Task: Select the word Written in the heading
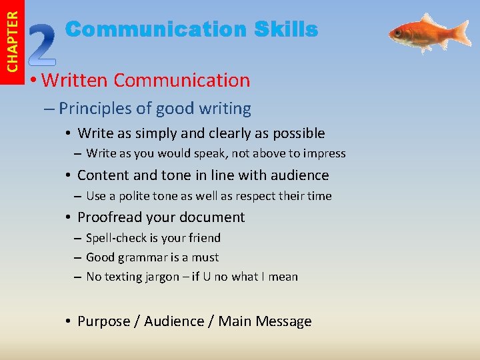click(75, 81)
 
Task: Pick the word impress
click(325, 153)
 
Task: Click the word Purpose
click(103, 321)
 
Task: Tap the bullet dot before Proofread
click(69, 217)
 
